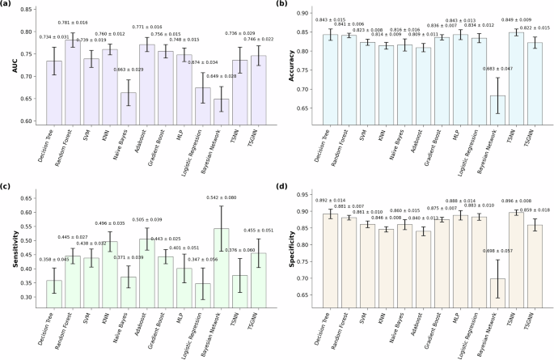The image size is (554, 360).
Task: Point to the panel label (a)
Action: pyautogui.click(x=7, y=5)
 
